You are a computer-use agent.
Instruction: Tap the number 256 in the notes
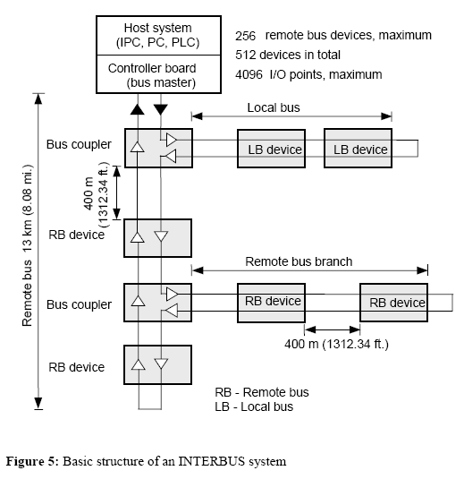click(x=246, y=36)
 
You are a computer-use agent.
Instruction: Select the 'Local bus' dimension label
click(x=274, y=107)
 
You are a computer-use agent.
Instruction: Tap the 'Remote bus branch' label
click(x=299, y=262)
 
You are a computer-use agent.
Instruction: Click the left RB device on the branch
click(x=271, y=303)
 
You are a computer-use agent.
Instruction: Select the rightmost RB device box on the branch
click(x=394, y=303)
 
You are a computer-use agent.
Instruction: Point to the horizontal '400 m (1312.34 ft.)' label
click(x=336, y=344)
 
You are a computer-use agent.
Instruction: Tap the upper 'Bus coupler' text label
click(x=79, y=144)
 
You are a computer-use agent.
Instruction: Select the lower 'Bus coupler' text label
click(x=79, y=304)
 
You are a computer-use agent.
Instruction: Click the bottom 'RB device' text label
click(x=76, y=367)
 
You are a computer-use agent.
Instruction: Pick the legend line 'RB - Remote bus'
click(x=262, y=392)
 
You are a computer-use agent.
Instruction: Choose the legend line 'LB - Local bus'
click(x=254, y=406)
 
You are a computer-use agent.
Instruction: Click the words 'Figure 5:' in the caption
click(x=37, y=462)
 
